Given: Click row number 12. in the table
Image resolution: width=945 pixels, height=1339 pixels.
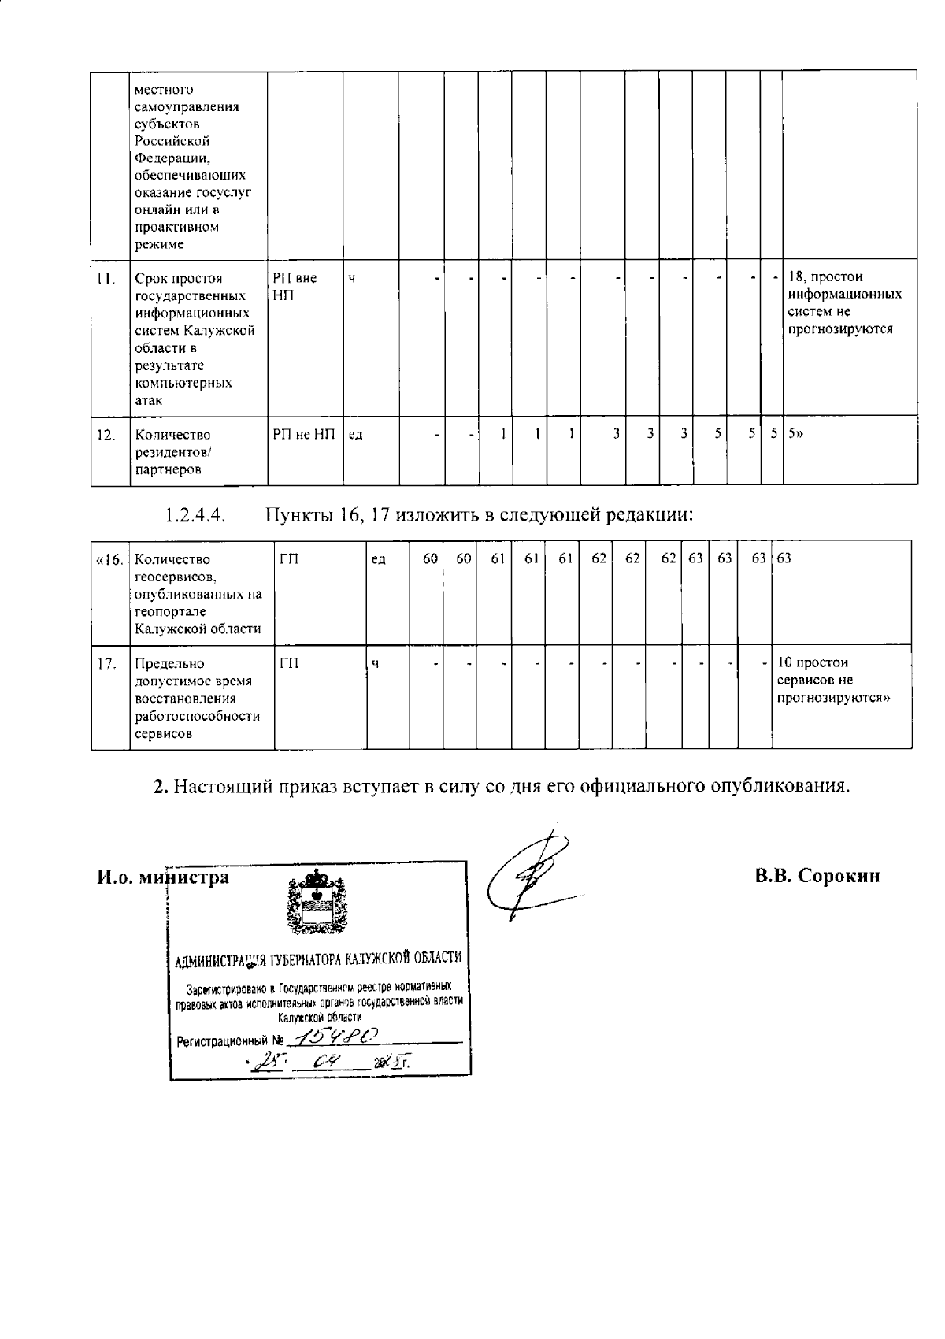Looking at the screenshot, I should point(106,435).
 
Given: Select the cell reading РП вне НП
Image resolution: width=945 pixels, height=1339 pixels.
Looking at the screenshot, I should point(295,286).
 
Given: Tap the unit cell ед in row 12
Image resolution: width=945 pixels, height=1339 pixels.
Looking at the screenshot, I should point(355,435).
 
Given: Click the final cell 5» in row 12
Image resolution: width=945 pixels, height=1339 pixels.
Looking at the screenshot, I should point(795,434).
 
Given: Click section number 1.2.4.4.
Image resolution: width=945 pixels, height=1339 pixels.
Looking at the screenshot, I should point(195,515).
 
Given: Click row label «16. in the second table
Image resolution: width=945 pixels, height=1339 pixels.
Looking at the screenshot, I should point(109,560).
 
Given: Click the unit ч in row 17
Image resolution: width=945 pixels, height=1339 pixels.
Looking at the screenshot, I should point(376,663).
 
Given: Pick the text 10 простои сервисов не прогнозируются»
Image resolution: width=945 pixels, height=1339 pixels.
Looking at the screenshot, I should point(839,681).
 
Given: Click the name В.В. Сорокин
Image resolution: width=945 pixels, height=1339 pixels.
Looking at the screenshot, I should point(817,876).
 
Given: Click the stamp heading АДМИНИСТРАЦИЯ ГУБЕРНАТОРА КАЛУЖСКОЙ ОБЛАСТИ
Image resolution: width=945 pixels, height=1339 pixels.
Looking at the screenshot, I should point(318,958).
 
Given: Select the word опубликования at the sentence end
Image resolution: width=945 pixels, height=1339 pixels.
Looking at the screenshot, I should point(780,786).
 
